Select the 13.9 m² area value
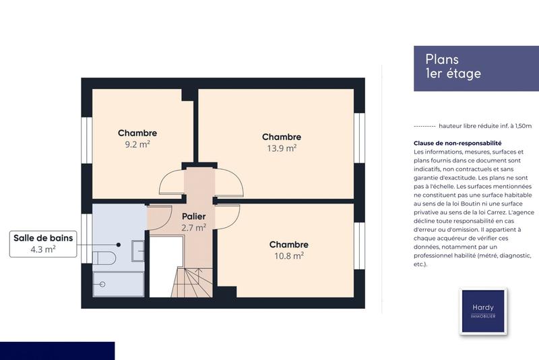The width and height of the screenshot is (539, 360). coord(282,148)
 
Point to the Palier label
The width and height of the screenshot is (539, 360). coord(193,216)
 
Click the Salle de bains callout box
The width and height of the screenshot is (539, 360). coord(42,243)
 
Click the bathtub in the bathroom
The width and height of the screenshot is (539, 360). coord(117,284)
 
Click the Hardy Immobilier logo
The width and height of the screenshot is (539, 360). coord(482,311)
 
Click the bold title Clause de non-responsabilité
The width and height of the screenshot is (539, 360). coord(457,143)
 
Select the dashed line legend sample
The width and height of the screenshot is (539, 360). coord(424,126)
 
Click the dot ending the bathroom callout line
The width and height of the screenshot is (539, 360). coord(119,245)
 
